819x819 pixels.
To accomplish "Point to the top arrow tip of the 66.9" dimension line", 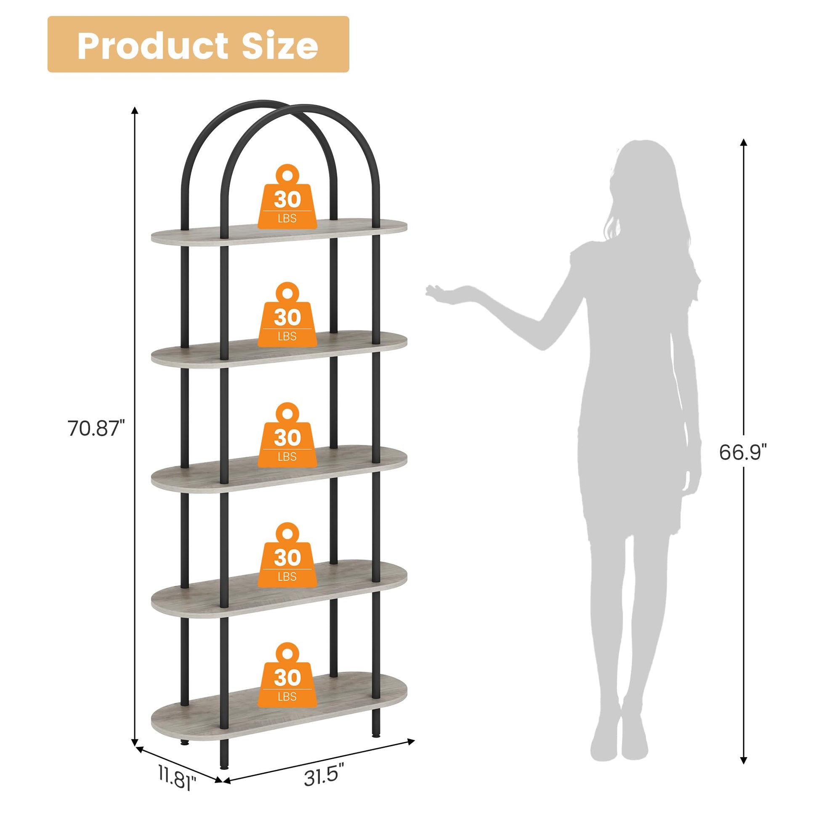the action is pyautogui.click(x=743, y=138).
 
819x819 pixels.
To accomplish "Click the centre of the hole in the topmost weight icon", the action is pyautogui.click(x=287, y=174).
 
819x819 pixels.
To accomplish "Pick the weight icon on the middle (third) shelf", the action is pyautogui.click(x=287, y=435).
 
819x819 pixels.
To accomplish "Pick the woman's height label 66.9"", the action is pyautogui.click(x=743, y=452).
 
